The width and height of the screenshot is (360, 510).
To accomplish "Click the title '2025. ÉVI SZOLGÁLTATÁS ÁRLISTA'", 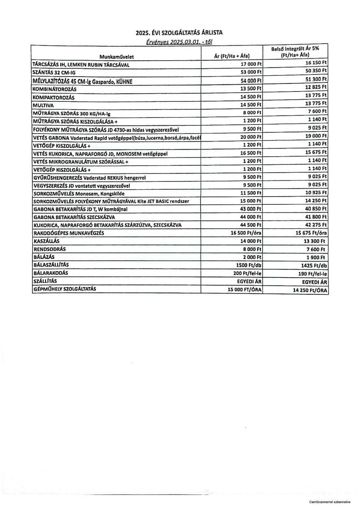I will coord(179,33).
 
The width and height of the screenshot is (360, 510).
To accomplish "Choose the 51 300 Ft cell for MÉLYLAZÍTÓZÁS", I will coord(316,79).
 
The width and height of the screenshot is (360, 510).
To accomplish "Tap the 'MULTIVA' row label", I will coord(41,105).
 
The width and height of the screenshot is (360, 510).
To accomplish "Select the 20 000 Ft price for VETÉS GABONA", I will coord(251,137).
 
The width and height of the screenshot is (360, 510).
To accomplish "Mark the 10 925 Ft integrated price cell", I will coord(316,193).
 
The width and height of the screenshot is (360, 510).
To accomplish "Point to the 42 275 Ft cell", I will coord(316,225).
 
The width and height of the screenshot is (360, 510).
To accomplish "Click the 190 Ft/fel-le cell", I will coord(313,274).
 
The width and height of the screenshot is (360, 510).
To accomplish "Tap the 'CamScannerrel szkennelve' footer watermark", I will coord(332,502).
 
